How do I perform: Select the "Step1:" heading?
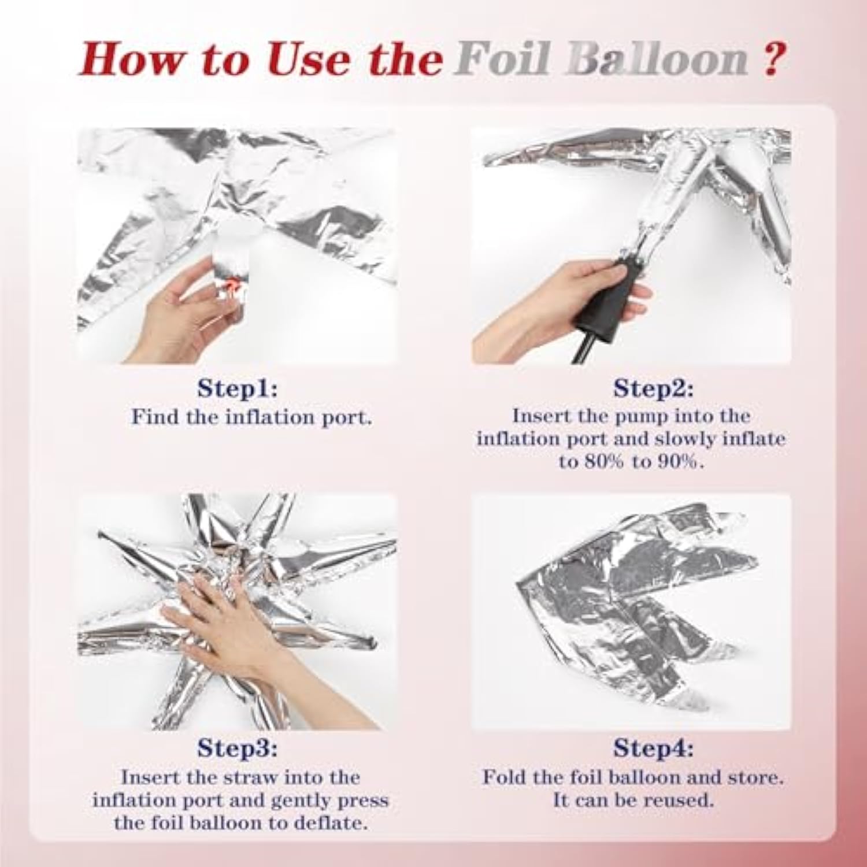(x=238, y=388)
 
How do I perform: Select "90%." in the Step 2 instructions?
(x=681, y=462)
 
